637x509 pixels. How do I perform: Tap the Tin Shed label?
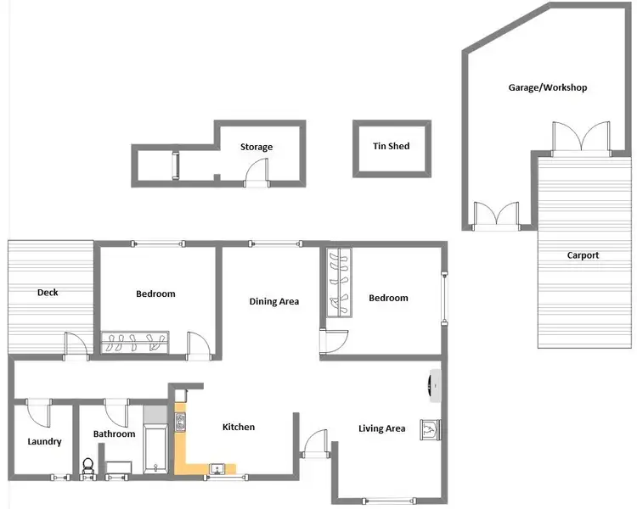(391, 146)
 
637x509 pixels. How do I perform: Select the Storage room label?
(256, 147)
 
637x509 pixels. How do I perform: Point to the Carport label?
(583, 255)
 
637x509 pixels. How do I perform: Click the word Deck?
(48, 293)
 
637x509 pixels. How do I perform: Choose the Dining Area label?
(273, 301)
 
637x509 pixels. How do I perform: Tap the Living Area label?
(381, 428)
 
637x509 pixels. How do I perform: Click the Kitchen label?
(238, 427)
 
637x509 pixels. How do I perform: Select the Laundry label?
(43, 441)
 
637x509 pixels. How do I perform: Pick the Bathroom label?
(114, 434)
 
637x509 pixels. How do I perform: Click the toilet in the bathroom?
(87, 467)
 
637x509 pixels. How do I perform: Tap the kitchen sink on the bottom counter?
(217, 467)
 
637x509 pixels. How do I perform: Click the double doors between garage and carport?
(581, 137)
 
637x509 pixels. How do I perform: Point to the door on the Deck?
(76, 344)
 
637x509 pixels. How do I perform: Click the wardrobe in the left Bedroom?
(135, 343)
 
